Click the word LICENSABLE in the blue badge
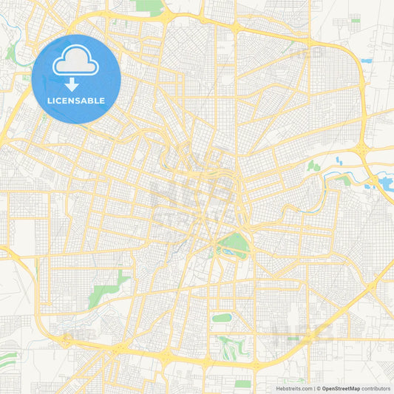point(77,100)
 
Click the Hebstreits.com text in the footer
point(290,387)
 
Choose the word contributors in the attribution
point(375,387)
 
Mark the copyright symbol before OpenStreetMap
point(318,387)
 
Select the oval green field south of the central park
point(222,319)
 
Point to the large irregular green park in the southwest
point(106,288)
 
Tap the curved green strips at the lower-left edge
point(9,361)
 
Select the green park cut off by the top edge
point(150,7)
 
